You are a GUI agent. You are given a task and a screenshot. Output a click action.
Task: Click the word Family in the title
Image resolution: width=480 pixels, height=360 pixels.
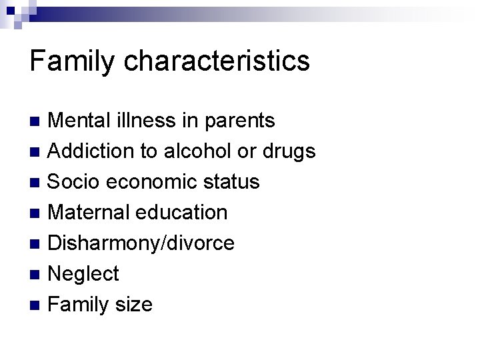pos(73,61)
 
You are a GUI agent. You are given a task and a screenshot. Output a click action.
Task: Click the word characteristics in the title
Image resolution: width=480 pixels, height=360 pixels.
pos(217,61)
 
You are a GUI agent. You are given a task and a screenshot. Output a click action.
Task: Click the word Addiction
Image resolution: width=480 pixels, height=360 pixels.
pos(91,151)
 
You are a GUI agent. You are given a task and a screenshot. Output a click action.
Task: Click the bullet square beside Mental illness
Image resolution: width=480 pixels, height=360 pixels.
pos(37,121)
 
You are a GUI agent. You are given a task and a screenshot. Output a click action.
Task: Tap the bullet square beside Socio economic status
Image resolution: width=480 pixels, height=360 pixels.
pos(37,183)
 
